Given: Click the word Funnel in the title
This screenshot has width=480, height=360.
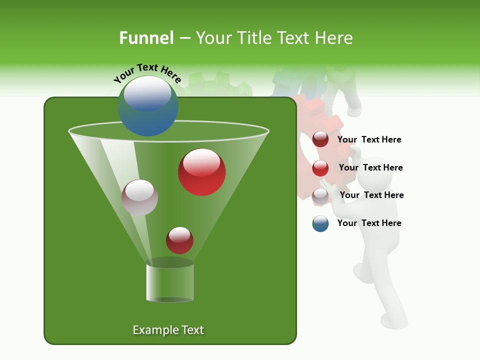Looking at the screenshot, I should coord(146,38).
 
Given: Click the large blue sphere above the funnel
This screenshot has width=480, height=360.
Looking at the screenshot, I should coord(148,106).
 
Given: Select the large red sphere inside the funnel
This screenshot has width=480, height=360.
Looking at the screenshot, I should coord(202,172).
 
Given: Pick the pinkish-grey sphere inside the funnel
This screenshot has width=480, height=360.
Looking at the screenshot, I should coord(139,197).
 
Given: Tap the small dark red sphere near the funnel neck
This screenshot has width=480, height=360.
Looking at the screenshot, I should coord(179,240).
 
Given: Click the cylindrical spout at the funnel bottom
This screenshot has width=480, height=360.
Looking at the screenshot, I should coord(170,282).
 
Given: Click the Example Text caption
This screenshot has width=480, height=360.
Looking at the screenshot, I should coord(168,330).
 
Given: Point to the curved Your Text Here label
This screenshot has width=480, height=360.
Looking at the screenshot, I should coord(147,73).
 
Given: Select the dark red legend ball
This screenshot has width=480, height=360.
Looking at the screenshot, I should coord(320,139).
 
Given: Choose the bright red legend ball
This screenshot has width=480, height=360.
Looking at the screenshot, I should coord(320,168).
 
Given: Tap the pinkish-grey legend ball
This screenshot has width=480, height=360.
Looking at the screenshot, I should coord(320,196).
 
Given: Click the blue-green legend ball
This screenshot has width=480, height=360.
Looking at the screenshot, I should coord(320,223).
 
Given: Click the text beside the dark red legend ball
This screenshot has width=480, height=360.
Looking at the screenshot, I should coord(369,140).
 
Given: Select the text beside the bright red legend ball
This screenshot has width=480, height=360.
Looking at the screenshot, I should coord(370,167).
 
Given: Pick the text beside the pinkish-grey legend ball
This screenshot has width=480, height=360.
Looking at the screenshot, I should coord(371,195).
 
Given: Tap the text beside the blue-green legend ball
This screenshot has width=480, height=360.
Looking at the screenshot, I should coord(369,223).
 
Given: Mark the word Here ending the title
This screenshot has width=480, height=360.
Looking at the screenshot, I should coord(335,38).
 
